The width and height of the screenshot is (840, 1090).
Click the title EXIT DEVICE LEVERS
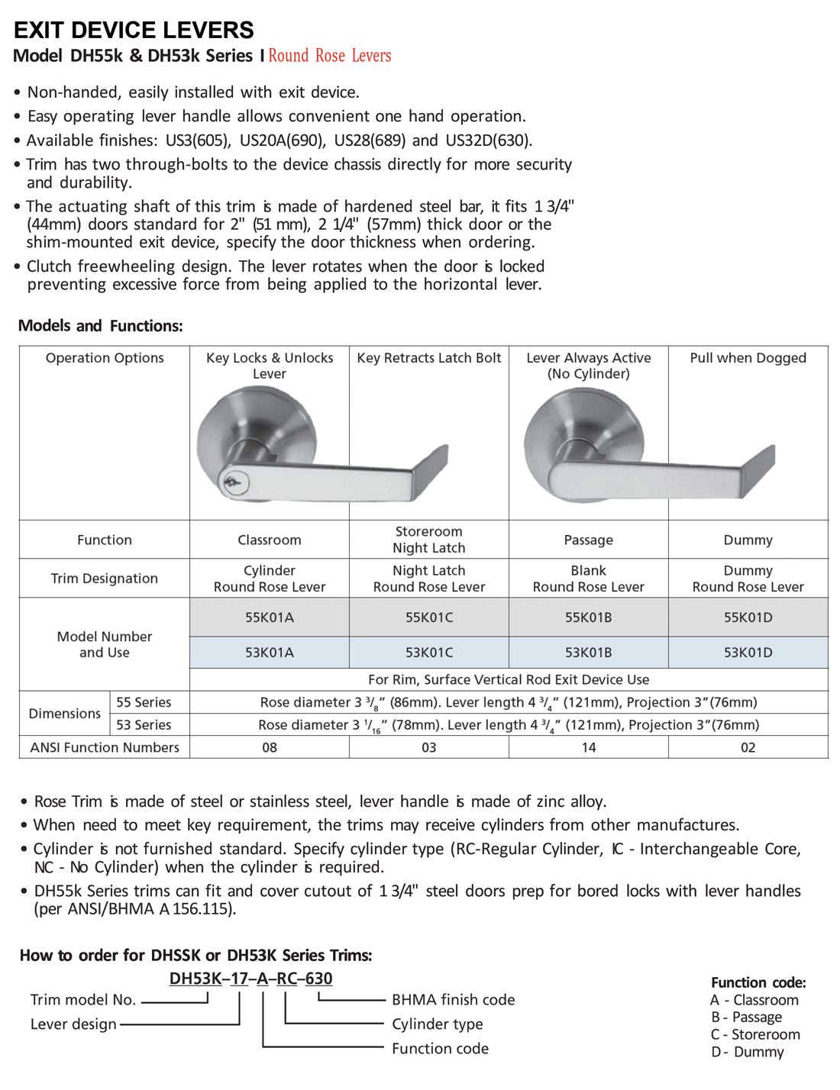[134, 31]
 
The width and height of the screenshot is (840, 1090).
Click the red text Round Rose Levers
[329, 56]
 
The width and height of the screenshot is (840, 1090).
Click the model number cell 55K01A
[269, 618]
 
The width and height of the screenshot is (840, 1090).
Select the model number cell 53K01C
[428, 653]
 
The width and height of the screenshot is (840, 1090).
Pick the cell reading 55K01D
[748, 618]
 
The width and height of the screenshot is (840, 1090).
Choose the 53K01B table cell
[588, 653]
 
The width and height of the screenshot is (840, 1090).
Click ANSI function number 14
[588, 747]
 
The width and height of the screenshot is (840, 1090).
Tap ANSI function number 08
[269, 747]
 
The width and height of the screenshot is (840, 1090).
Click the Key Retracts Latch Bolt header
[428, 358]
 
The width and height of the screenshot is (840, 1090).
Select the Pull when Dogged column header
[748, 358]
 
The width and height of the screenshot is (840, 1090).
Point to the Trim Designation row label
[105, 579]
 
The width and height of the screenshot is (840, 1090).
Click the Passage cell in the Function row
[588, 540]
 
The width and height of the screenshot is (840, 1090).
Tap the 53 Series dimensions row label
[144, 724]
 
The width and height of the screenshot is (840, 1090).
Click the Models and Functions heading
[101, 326]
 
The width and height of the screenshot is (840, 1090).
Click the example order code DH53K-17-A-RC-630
[251, 979]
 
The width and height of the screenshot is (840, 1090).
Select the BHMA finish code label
[453, 1000]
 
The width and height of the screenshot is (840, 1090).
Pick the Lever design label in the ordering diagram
[73, 1024]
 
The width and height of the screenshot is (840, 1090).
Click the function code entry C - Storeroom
[754, 1034]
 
